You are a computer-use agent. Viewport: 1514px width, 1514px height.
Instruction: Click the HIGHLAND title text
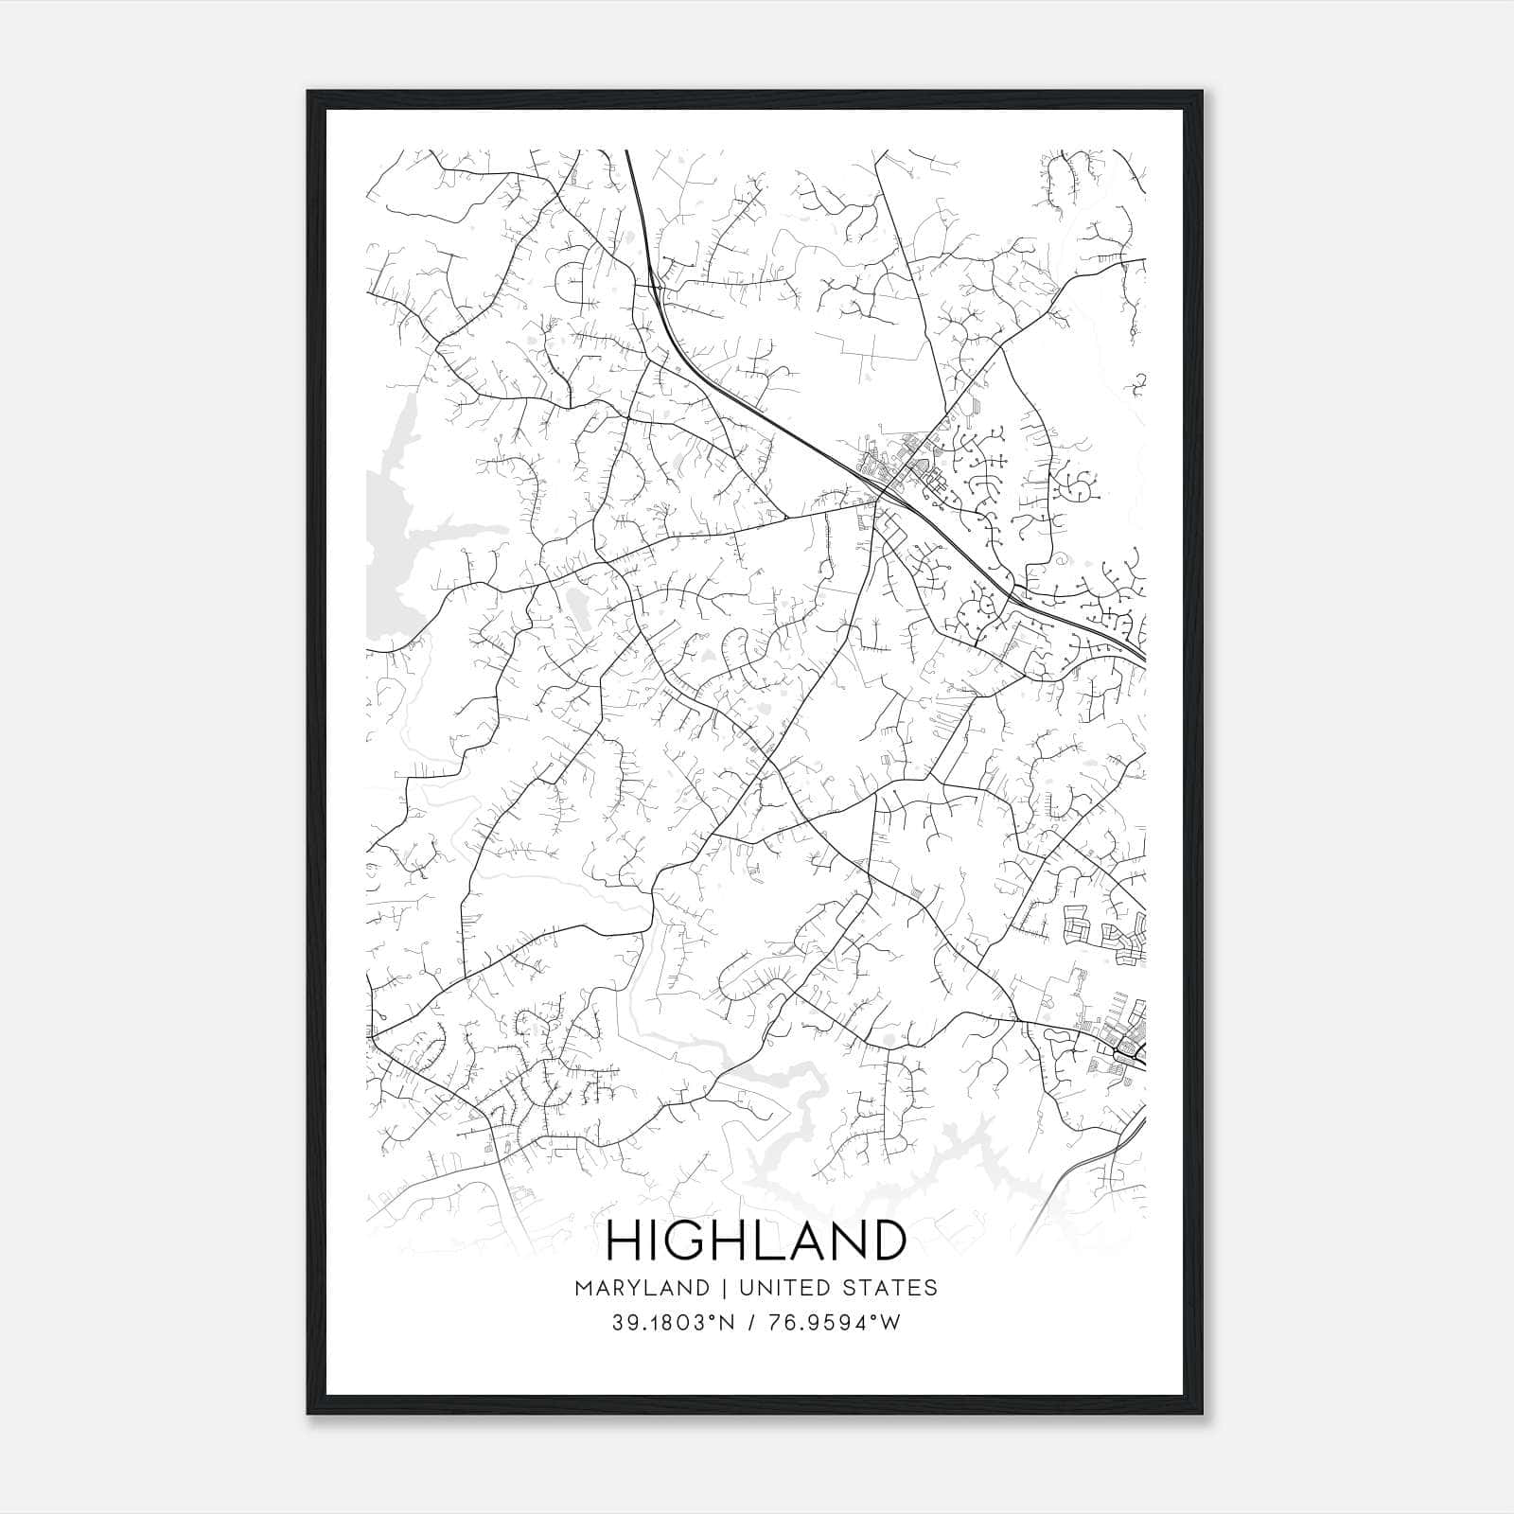pos(755,1240)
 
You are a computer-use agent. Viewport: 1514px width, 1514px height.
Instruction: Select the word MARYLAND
pos(642,1287)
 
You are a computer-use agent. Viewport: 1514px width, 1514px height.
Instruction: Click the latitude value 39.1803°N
pos(672,1323)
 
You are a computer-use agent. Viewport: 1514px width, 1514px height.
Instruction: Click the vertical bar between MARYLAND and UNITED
pos(722,1287)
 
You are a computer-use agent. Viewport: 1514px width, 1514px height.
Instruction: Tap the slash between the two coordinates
pos(753,1323)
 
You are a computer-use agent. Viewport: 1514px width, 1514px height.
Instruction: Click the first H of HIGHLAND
pos(625,1240)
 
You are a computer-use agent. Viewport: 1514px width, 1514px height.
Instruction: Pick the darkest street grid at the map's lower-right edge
pos(1126,1046)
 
